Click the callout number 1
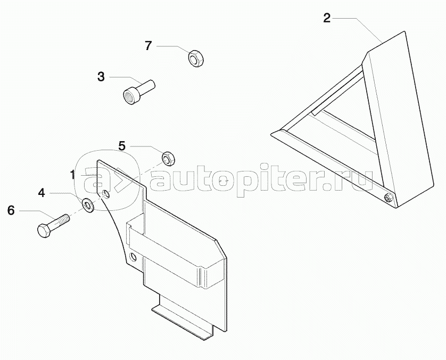pos(73,175)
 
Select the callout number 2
pos(327,18)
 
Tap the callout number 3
pos(101,77)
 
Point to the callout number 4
pos(42,193)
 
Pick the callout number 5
pos(122,146)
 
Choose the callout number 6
pos(11,210)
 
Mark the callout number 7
pos(148,46)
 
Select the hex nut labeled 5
pos(168,159)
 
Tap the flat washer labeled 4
pos(87,204)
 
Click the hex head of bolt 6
pos(44,231)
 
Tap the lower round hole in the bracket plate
pos(133,257)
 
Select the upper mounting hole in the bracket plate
pos(105,193)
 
